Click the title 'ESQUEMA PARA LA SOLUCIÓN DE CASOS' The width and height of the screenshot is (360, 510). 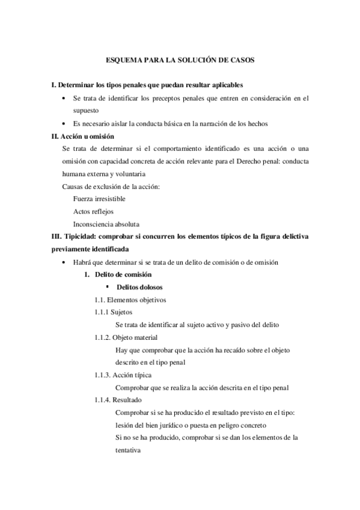point(180,61)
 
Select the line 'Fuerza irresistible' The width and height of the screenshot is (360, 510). point(99,198)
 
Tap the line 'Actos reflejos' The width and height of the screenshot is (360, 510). point(93,211)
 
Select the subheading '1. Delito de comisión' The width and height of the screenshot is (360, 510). point(113,274)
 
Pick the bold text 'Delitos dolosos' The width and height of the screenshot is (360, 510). point(139,287)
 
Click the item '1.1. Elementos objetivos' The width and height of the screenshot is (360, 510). point(130,300)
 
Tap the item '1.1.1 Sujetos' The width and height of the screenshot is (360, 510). point(114,312)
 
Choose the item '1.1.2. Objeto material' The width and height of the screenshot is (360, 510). point(126,337)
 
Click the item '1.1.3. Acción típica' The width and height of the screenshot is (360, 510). point(123,375)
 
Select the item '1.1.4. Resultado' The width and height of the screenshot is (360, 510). point(118,400)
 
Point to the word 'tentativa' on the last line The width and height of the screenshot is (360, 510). point(127,449)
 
